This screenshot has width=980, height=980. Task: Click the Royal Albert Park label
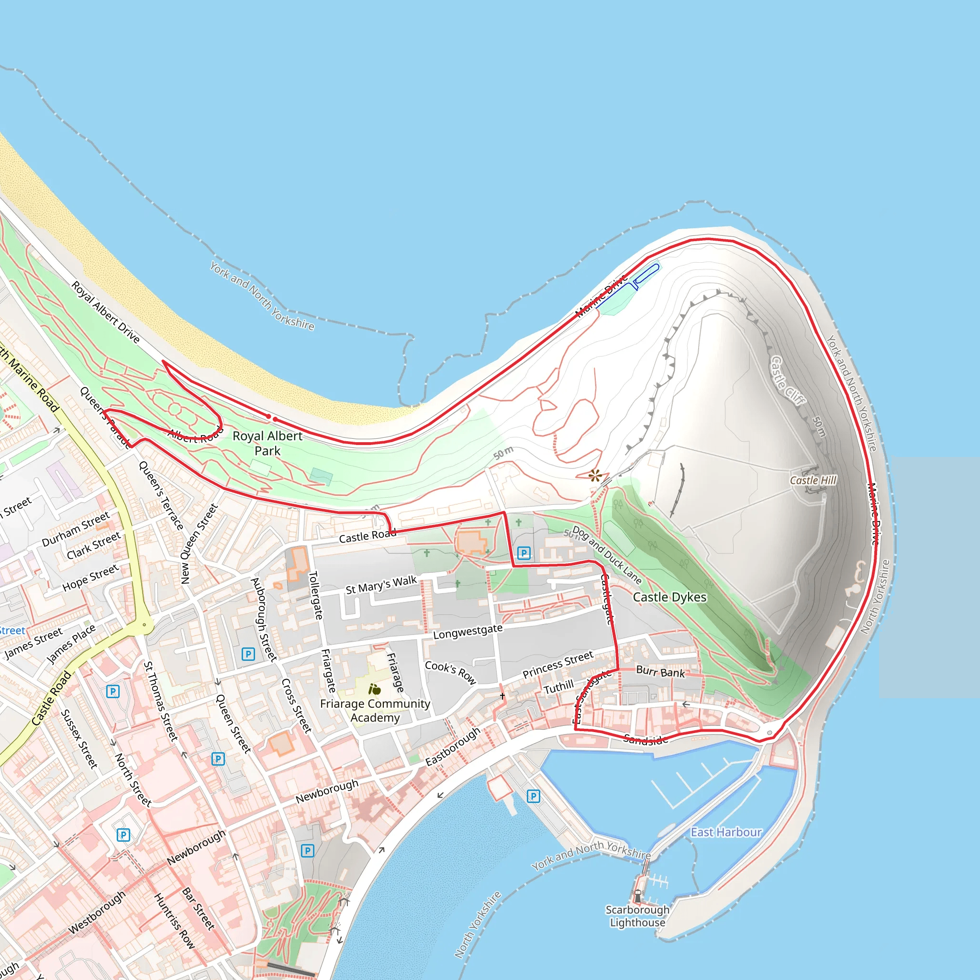pos(267,443)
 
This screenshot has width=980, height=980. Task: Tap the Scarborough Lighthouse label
pos(637,916)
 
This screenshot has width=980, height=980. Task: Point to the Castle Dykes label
pos(669,598)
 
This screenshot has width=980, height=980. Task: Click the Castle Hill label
pos(813,480)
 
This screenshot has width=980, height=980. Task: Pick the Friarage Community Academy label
pos(375,710)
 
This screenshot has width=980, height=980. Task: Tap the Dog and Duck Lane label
pos(607,555)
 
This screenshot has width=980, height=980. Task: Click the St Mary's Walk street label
pos(381,585)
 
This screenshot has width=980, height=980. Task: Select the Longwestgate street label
pos(468,632)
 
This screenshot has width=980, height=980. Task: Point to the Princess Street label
pos(557,664)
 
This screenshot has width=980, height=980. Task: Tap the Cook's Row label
pos(450,672)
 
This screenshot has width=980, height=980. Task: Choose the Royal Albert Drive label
pos(105,312)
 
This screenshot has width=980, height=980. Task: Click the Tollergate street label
pos(315,595)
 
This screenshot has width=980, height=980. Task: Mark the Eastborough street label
pos(453,746)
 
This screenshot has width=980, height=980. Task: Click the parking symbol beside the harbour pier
pos(533,796)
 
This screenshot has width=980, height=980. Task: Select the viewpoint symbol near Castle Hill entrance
pos(595,476)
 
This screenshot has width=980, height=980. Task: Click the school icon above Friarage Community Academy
pos(375,690)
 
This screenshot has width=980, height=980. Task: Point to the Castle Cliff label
pos(787,380)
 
